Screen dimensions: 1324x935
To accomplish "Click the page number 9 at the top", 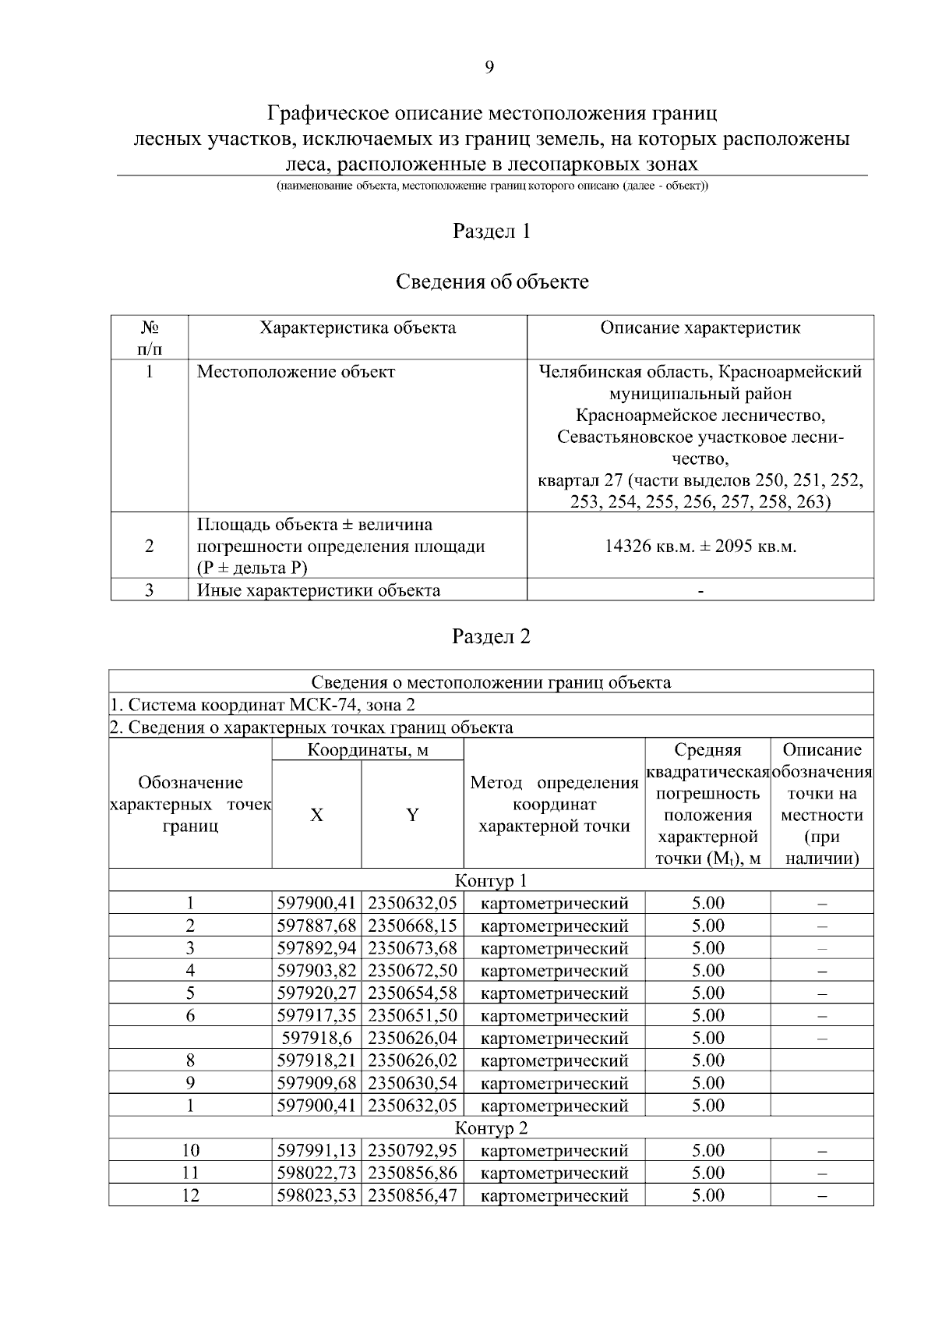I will [489, 67].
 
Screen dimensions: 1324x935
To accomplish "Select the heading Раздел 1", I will [492, 232].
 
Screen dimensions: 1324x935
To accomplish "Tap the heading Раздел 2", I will [492, 636].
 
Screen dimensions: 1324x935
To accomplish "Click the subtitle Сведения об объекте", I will [492, 281].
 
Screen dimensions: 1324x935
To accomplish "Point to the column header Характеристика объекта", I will [358, 327].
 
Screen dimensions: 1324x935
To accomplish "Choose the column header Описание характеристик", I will [700, 327].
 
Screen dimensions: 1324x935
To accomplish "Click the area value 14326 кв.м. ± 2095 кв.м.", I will [700, 546].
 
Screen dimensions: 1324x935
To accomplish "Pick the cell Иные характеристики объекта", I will [318, 590].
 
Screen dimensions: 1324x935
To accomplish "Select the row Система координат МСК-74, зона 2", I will [263, 705].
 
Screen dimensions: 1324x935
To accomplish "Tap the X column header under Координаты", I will [316, 815].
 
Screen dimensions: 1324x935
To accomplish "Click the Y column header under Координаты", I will [412, 815].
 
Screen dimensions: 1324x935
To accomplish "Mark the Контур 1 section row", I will [491, 880].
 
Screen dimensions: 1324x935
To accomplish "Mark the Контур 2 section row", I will [491, 1128].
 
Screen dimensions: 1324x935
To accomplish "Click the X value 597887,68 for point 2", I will [316, 926].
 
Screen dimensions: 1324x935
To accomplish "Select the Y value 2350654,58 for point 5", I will [412, 993].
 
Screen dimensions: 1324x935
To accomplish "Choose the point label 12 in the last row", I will [190, 1195].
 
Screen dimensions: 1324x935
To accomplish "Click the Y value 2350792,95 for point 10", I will [412, 1150].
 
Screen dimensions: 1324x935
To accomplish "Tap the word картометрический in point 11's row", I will [554, 1173].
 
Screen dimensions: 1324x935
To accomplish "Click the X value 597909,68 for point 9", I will [316, 1083].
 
